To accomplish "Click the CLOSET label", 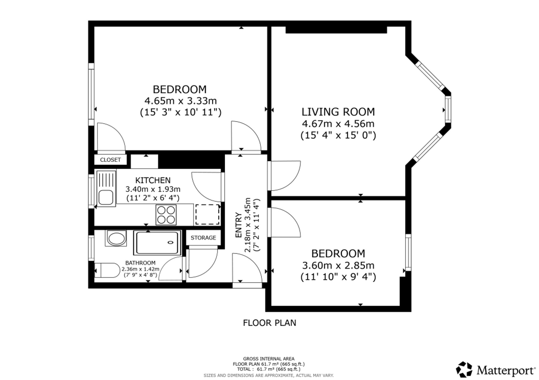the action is tap(110, 160).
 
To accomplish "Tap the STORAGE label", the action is tap(203, 238).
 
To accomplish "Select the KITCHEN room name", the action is tap(153, 180).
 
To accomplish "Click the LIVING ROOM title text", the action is tap(338, 112).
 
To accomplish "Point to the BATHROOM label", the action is tap(140, 263).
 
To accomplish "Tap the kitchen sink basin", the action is tap(106, 197).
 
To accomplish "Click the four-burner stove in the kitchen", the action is tap(166, 215).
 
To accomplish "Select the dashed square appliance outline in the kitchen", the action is tap(207, 214).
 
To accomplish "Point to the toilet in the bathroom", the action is tap(107, 270).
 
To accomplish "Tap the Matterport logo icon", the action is tap(464, 369).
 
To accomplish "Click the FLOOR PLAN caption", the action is tap(269, 323).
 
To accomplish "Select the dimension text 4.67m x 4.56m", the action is tap(338, 124).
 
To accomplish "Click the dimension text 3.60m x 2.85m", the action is tap(338, 266).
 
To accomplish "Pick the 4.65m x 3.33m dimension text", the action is tap(181, 101).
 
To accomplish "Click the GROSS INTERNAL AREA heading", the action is tap(269, 359).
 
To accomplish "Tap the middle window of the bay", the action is tap(448, 109).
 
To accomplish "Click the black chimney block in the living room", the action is tap(336, 30).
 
